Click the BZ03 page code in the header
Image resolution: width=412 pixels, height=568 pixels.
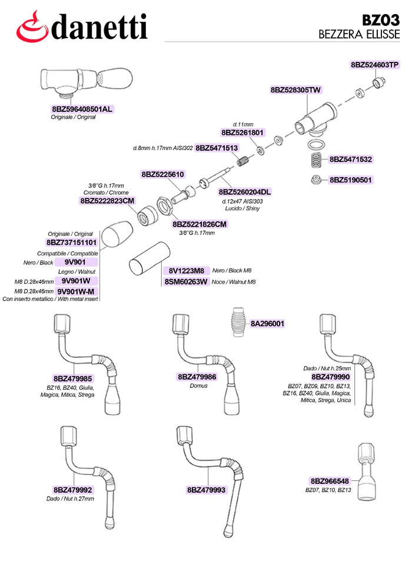380,19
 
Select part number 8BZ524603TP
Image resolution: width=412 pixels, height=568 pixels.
375,65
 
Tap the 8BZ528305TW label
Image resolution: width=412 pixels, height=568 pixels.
295,90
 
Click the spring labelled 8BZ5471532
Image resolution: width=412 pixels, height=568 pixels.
315,160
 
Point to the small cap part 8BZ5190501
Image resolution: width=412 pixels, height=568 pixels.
317,180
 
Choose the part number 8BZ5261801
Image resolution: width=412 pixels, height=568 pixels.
242,132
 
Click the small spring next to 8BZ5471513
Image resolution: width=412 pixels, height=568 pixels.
242,160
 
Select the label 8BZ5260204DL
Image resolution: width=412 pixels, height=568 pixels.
245,192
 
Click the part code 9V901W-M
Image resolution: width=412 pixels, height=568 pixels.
76,291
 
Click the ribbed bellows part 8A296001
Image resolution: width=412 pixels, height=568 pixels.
238,323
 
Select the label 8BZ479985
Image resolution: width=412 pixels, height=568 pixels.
73,378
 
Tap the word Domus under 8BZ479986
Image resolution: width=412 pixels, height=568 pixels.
198,386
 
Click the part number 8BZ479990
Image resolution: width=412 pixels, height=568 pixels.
330,377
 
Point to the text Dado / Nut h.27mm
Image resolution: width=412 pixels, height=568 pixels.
70,499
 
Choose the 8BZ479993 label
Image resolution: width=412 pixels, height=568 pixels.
206,490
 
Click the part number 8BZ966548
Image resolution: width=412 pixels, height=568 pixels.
330,481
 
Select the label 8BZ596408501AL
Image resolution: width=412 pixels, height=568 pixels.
82,109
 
